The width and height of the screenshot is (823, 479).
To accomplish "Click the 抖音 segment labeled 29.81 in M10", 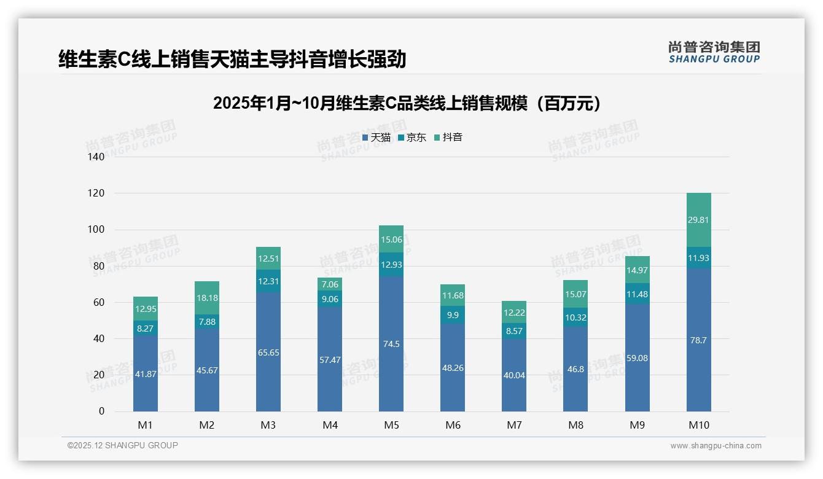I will pyautogui.click(x=698, y=220).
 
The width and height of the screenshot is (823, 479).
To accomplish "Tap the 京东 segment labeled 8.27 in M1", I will pyautogui.click(x=145, y=329).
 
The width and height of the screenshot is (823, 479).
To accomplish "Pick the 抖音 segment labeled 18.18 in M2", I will pyautogui.click(x=207, y=298).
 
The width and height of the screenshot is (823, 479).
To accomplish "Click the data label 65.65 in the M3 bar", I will pyautogui.click(x=268, y=353).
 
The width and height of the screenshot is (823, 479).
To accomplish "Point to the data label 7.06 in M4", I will pyautogui.click(x=330, y=284).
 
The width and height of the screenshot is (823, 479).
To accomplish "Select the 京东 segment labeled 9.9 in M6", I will pyautogui.click(x=453, y=314).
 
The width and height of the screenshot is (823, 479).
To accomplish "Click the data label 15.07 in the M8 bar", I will pyautogui.click(x=575, y=294).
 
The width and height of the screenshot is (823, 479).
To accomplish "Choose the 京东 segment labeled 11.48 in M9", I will pyautogui.click(x=637, y=294).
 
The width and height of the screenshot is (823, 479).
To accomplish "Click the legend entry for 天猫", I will pyautogui.click(x=376, y=138).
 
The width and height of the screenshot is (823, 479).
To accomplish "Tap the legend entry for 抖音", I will pyautogui.click(x=448, y=138).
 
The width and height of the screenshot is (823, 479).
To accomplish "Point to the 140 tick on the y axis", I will pyautogui.click(x=97, y=157).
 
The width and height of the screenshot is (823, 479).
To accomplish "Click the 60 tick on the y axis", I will pyautogui.click(x=99, y=302).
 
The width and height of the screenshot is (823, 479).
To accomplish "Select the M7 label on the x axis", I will pyautogui.click(x=514, y=425).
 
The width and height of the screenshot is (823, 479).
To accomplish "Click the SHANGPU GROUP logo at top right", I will pyautogui.click(x=714, y=52).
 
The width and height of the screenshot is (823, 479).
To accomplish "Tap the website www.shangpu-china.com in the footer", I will pyautogui.click(x=716, y=446).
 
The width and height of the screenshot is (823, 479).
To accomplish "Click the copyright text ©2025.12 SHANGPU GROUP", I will pyautogui.click(x=123, y=445).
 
